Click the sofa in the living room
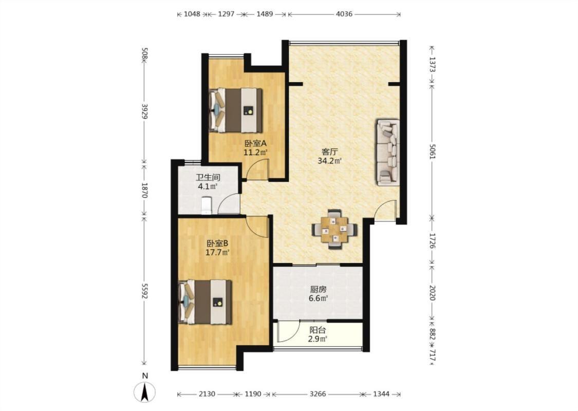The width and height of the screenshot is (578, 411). [x=387, y=152]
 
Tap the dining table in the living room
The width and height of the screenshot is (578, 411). [x=334, y=229]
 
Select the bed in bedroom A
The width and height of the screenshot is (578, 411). [x=235, y=110]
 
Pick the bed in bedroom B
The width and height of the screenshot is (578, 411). [x=204, y=302]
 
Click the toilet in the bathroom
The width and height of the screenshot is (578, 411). [x=207, y=206]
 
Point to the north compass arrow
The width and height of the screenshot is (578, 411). [x=145, y=392]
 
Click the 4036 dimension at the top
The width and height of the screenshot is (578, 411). [x=344, y=14]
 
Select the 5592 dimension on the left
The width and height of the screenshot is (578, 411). [x=144, y=291]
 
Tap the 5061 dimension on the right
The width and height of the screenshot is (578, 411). [x=433, y=151]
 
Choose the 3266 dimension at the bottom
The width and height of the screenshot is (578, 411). [x=318, y=394]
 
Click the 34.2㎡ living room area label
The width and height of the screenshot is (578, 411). [x=329, y=160]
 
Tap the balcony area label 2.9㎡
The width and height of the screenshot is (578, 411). [x=318, y=339]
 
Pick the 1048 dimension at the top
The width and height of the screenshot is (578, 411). [x=192, y=14]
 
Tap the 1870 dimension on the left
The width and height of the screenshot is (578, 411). [x=144, y=190]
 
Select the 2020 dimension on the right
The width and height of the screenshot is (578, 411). [x=433, y=292]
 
